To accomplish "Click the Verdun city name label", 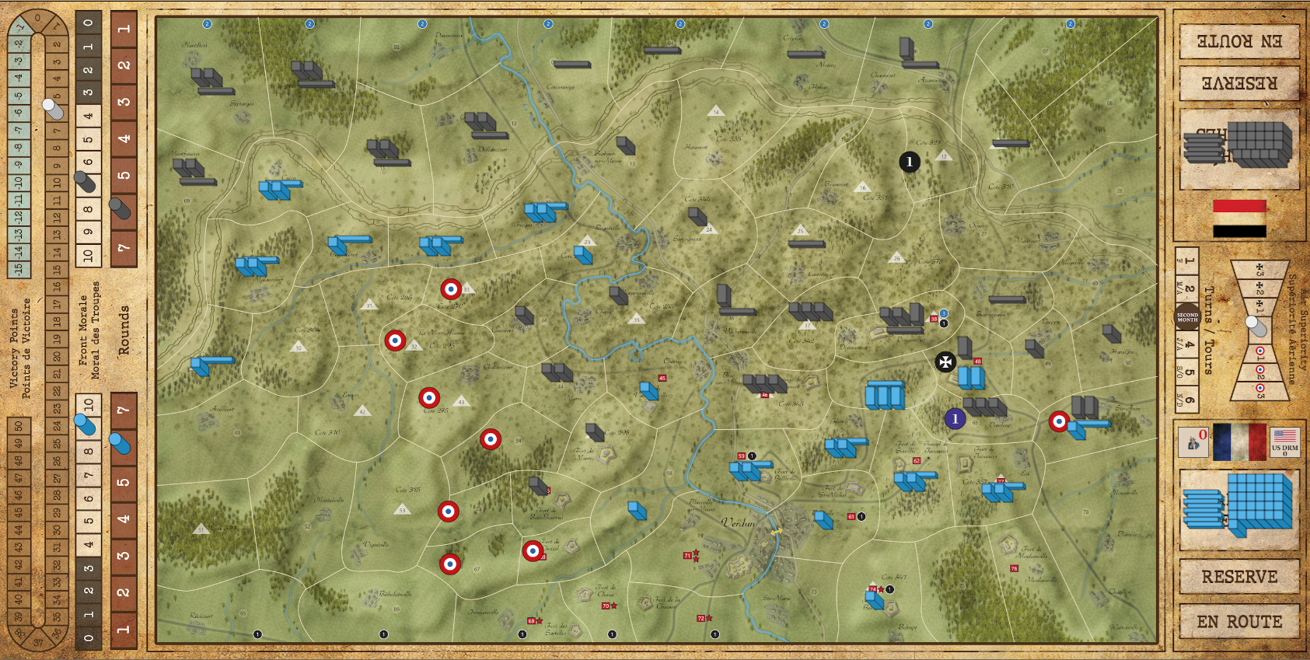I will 738,523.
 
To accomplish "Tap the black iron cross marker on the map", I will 945,361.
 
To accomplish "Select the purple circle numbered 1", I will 955,419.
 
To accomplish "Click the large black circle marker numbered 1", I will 910,162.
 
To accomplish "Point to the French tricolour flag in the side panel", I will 1239,442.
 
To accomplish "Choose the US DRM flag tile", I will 1284,442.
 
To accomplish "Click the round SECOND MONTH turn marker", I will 1187,317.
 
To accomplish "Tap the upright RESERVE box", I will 1239,577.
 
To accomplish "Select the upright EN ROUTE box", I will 1239,621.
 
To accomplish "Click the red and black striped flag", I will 1239,218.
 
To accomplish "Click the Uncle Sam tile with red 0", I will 1193,442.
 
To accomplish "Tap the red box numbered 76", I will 1014,569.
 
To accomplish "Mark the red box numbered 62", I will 917,461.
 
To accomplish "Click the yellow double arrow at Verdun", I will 776,532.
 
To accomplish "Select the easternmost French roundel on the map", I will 1059,421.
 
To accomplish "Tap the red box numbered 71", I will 687,556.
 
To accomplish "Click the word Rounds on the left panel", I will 124,330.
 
